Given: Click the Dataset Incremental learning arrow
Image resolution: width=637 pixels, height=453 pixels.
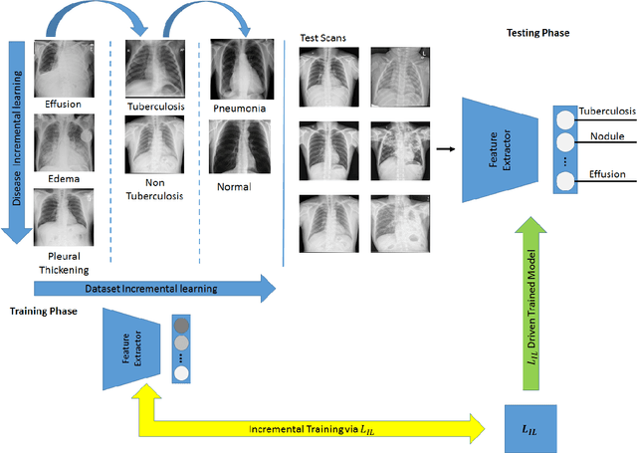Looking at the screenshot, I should point(154,289).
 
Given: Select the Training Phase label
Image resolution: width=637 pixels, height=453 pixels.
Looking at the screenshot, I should point(45,311).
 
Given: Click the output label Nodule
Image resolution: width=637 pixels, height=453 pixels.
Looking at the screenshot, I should point(605,136).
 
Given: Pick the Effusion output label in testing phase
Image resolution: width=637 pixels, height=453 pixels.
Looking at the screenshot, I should point(607,174).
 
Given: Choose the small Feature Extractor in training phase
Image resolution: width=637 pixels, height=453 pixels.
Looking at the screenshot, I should point(134,347).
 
